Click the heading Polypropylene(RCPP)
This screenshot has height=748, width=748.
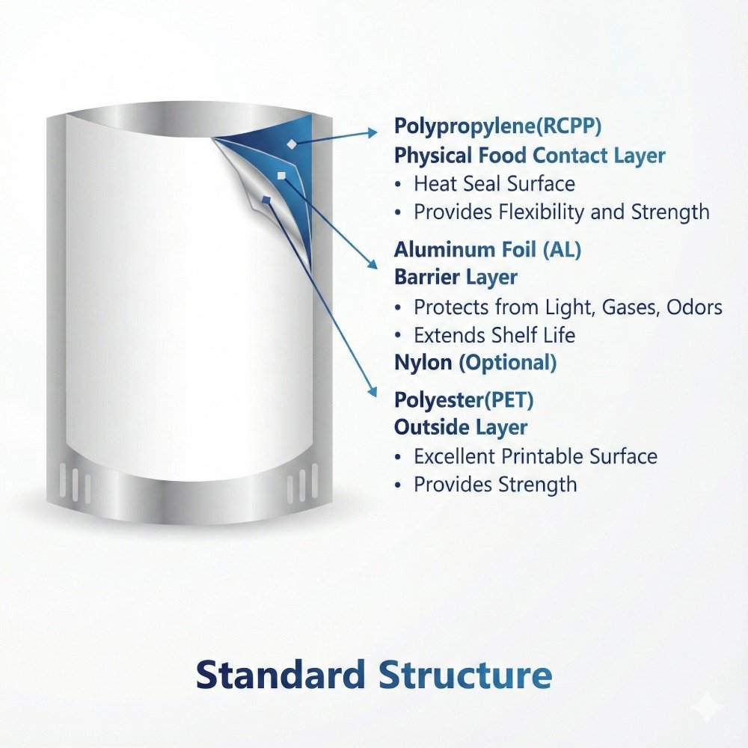[x=497, y=126]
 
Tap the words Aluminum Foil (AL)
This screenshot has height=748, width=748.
[x=488, y=250]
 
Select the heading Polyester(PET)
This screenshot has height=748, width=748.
[x=464, y=400]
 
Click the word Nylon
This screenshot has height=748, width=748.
[x=423, y=364]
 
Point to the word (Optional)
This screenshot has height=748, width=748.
[x=507, y=364]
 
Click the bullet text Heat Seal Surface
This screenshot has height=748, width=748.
[x=494, y=184]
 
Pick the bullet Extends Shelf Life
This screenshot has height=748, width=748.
[x=494, y=335]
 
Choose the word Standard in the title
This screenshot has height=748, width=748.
[x=281, y=675]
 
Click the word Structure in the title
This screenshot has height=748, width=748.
[x=465, y=675]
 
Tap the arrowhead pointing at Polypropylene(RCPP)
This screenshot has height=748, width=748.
[x=373, y=132]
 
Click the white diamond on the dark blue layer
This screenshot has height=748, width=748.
[x=292, y=142]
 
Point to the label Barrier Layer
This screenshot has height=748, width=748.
[x=456, y=278]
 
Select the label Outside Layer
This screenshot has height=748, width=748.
[x=461, y=428]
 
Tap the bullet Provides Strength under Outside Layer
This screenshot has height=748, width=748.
[x=494, y=485]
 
